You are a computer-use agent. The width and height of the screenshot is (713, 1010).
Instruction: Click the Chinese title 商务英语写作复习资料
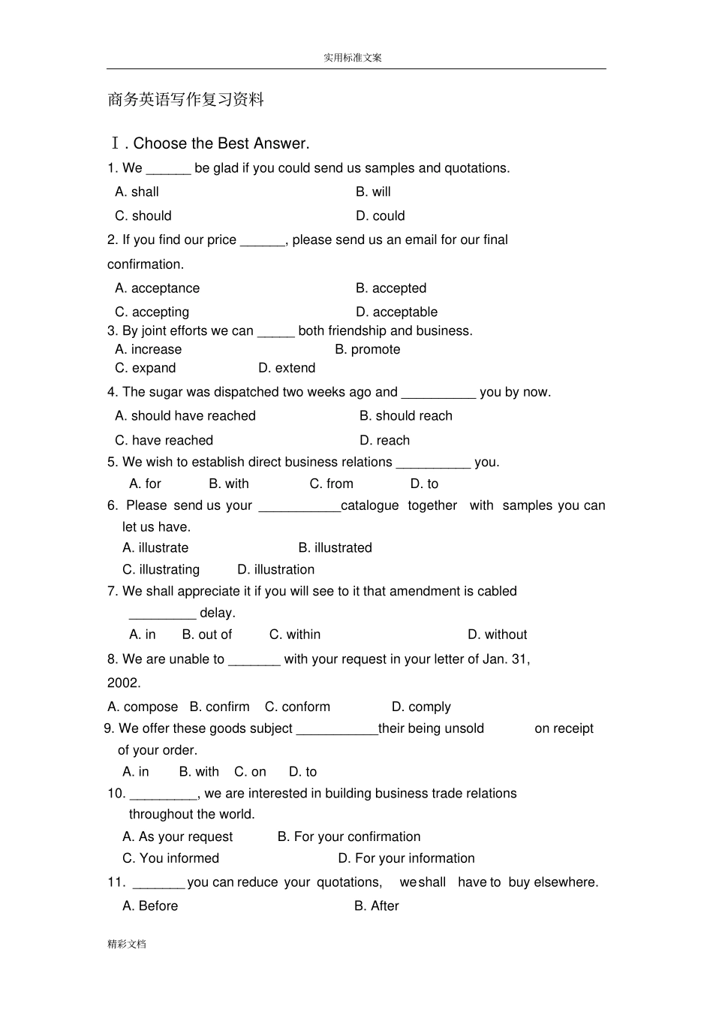click(x=186, y=100)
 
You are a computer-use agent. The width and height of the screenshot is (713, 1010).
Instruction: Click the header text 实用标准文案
click(x=353, y=57)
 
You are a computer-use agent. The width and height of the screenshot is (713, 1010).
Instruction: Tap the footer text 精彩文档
click(x=127, y=944)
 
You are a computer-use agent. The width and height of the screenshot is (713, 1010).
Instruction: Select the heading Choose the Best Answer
click(x=221, y=143)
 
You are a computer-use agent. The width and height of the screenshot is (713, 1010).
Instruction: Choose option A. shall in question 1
click(x=137, y=192)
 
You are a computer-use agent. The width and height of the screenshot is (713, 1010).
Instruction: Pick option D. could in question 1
click(x=380, y=216)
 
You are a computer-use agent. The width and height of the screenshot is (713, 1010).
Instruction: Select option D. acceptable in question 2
click(x=396, y=312)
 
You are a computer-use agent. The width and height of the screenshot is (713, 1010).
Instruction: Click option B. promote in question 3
click(x=367, y=350)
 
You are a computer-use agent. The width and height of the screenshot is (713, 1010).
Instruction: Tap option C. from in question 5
click(x=331, y=484)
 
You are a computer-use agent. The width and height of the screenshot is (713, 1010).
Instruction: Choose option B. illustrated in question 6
click(x=335, y=548)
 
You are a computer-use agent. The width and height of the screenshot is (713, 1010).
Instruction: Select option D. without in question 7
click(x=497, y=635)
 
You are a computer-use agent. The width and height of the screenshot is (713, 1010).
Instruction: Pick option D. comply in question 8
click(x=421, y=707)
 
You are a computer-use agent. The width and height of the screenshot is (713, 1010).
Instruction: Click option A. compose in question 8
click(x=143, y=707)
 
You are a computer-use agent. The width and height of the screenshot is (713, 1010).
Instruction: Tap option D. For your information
click(x=406, y=859)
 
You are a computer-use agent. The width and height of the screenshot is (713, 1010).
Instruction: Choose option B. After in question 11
click(x=376, y=906)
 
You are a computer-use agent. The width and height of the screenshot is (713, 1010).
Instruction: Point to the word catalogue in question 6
click(x=369, y=506)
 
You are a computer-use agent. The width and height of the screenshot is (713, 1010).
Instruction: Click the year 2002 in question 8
click(x=123, y=683)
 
